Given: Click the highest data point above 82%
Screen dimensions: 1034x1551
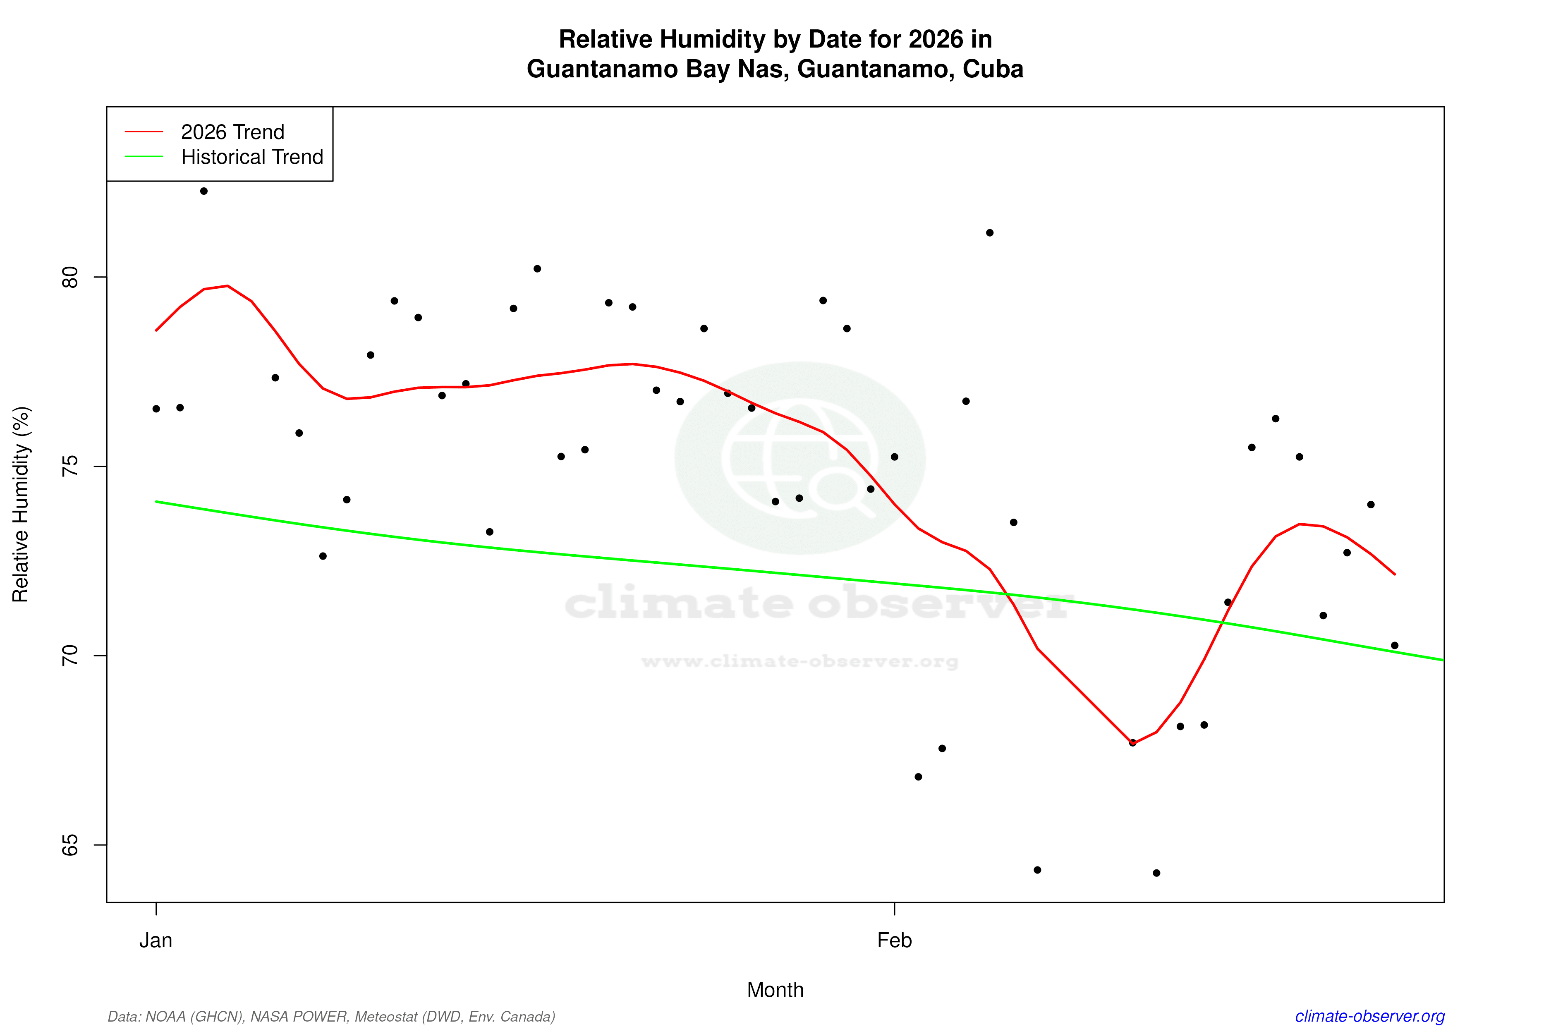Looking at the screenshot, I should [x=204, y=191].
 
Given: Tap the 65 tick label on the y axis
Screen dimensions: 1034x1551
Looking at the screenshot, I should [x=69, y=845].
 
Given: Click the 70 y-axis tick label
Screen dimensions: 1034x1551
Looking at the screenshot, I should [x=69, y=656].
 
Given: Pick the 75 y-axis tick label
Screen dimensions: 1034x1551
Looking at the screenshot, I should [x=69, y=466].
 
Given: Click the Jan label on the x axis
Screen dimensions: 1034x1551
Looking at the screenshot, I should [x=156, y=941].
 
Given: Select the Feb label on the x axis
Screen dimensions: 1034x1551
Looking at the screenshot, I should [x=894, y=941].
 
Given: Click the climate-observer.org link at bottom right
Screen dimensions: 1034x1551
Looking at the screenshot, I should [x=1370, y=1016].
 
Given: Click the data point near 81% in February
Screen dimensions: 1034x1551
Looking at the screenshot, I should [x=990, y=233].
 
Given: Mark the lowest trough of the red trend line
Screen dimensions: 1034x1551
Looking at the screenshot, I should [x=1132, y=744].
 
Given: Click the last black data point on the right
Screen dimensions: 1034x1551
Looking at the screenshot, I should [x=1395, y=646].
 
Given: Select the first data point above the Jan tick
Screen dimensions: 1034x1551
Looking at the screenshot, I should [x=156, y=409].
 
